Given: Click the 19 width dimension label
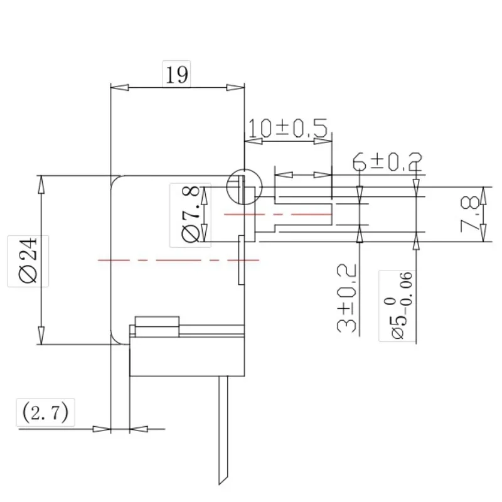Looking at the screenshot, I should coord(177,75).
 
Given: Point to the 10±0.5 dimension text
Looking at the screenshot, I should coord(288,128).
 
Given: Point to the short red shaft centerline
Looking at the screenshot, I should coord(231,214).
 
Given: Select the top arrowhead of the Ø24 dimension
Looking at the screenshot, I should coord(41,183).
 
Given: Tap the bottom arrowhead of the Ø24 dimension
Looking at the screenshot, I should coord(41,336).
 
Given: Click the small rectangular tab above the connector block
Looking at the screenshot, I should coord(158,323).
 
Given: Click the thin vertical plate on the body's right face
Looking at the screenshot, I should coord(242,260).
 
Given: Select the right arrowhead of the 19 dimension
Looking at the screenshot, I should coord(236,87).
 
